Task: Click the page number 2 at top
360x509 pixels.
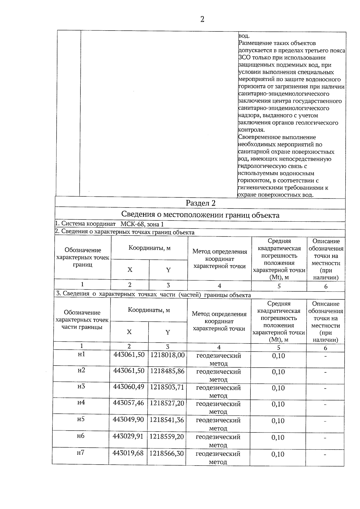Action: [x=202, y=19]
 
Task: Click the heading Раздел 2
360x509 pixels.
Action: [x=200, y=203]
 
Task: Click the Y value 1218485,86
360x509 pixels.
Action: [x=167, y=371]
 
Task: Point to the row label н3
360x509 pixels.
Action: [x=81, y=386]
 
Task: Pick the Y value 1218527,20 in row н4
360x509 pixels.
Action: [x=167, y=403]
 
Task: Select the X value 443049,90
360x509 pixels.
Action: [x=128, y=419]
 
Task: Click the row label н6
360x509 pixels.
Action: [x=81, y=436]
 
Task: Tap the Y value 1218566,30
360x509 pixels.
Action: [x=166, y=454]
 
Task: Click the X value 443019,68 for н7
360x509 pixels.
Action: [x=128, y=453]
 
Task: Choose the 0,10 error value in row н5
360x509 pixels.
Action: [x=278, y=421]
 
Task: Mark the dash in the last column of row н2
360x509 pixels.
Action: [x=325, y=372]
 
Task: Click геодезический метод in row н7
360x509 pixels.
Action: [x=218, y=458]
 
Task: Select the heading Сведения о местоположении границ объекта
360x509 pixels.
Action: [x=200, y=215]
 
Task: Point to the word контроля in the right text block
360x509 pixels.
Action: [x=251, y=130]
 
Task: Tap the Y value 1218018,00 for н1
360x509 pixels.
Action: [x=167, y=355]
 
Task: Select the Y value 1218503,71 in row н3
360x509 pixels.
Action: [x=167, y=387]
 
